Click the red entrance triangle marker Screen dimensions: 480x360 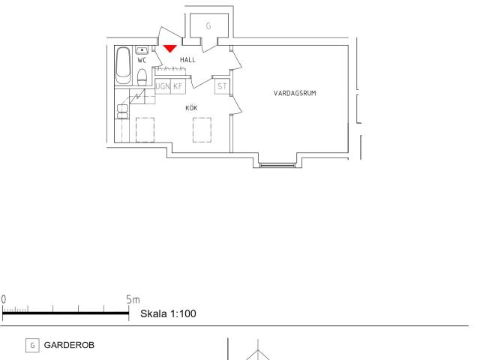tap(170, 48)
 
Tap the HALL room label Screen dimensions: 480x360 tap(187, 60)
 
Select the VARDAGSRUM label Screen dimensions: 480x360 tap(295, 93)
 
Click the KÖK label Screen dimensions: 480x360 tap(192, 108)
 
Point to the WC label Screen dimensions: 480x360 tap(142, 60)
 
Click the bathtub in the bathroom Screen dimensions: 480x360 tap(123, 65)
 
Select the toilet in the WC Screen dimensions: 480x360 tap(142, 76)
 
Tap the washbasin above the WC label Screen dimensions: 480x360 tap(142, 50)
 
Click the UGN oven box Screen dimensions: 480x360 tap(163, 86)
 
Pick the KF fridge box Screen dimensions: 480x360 tap(178, 86)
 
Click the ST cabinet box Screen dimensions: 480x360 tap(222, 87)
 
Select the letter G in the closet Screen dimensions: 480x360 tap(208, 26)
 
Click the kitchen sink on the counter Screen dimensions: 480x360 tap(122, 112)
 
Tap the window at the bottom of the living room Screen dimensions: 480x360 tap(277, 165)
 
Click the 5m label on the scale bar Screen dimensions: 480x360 tap(133, 299)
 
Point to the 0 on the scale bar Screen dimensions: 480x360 tap(4, 299)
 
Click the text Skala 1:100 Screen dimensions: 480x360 tap(168, 313)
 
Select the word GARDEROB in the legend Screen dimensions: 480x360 tap(69, 345)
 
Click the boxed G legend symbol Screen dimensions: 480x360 tap(32, 346)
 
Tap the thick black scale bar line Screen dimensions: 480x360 tap(65, 313)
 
